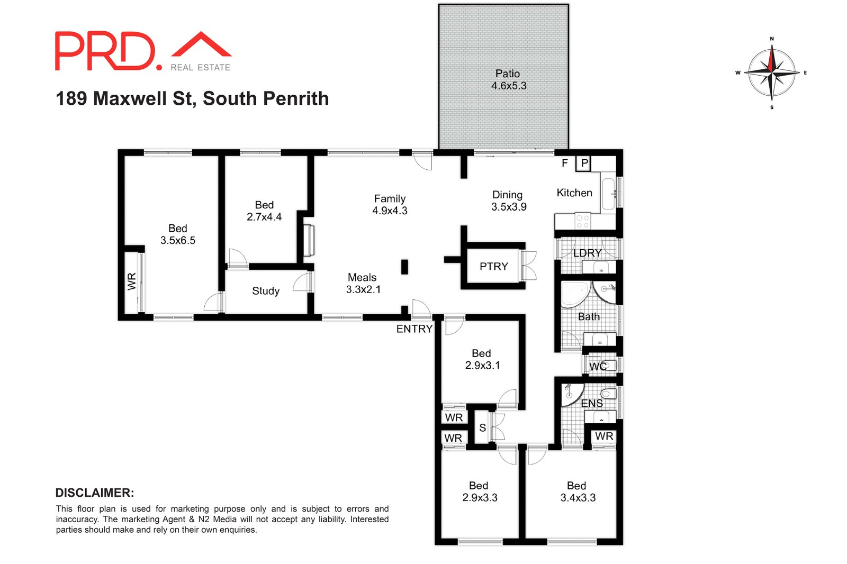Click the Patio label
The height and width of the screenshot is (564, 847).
[x=508, y=74]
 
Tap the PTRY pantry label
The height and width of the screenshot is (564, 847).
[x=493, y=267]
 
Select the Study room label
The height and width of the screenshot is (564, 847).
[x=266, y=291]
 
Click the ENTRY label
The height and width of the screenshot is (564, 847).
[x=414, y=329]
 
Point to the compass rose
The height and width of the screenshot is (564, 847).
[x=772, y=72]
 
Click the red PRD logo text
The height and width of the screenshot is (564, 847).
[x=106, y=51]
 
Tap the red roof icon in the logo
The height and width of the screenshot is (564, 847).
[x=201, y=44]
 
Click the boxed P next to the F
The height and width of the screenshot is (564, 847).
[x=584, y=163]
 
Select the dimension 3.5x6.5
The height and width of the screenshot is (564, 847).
[x=178, y=241]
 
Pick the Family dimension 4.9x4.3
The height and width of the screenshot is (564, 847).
[x=390, y=211]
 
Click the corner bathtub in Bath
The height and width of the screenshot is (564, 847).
[x=574, y=294]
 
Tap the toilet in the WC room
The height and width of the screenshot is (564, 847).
[x=609, y=365]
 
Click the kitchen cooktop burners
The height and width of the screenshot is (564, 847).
[x=582, y=222]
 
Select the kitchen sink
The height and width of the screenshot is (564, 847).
[x=608, y=194]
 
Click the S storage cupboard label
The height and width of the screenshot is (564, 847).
[x=482, y=427]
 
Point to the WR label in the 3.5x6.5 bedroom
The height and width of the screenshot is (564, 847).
[x=132, y=281]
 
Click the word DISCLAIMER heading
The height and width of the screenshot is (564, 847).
[x=95, y=493]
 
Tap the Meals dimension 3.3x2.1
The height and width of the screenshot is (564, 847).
[x=363, y=289]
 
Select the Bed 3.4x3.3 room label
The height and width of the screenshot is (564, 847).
[x=576, y=486]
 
